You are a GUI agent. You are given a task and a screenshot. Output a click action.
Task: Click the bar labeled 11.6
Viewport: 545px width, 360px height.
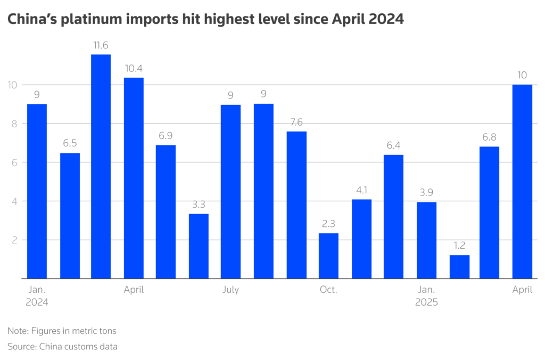101,166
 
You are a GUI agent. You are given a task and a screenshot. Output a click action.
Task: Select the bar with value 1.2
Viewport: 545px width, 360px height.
459,267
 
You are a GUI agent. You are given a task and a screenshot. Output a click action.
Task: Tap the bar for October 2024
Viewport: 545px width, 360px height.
328,256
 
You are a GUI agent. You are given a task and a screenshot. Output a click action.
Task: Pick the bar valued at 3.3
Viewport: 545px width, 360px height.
199,246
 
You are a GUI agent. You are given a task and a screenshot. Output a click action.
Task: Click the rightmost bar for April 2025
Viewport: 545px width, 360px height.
522,181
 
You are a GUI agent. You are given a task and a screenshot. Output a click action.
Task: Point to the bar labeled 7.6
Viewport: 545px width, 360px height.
296,204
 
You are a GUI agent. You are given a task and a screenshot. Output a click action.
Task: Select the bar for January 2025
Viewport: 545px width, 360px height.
426,240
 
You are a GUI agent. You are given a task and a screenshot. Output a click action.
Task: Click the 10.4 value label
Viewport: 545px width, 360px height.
134,69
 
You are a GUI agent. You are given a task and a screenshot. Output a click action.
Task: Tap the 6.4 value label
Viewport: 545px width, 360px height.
393,146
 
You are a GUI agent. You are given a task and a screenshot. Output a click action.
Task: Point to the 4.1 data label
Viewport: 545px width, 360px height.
361,190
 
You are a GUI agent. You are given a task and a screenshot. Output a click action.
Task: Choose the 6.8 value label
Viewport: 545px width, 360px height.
489,137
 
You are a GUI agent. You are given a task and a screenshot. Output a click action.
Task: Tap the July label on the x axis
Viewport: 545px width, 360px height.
230,290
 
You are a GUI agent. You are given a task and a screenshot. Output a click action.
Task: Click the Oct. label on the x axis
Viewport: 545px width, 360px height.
328,290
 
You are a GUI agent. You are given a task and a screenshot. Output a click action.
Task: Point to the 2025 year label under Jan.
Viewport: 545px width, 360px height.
426,302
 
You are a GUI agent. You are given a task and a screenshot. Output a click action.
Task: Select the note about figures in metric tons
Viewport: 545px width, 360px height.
62,331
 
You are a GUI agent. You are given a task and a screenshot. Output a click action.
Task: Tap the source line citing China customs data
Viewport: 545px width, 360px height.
62,347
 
